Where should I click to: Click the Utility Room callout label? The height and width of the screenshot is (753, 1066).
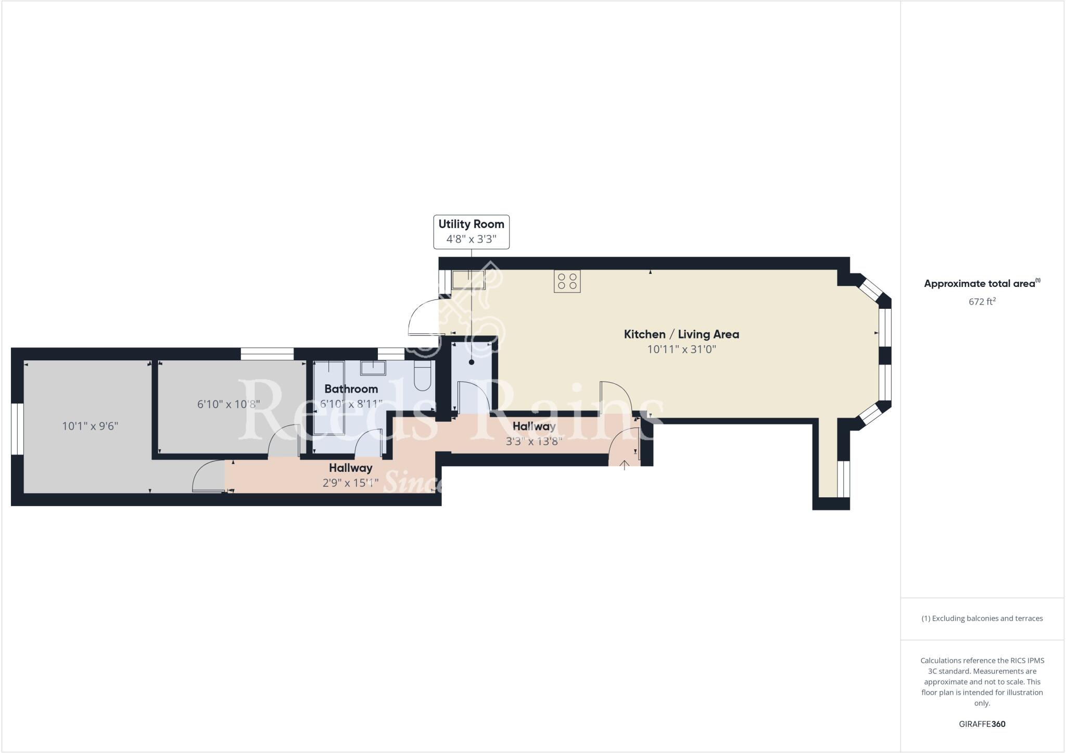tap(471, 232)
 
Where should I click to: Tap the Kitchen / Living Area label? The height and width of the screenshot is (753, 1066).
tap(681, 334)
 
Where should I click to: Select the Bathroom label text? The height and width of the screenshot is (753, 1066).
tap(351, 389)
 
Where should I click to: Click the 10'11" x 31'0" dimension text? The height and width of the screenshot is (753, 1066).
tap(681, 349)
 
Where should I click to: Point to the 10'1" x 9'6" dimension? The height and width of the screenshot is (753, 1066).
tap(90, 426)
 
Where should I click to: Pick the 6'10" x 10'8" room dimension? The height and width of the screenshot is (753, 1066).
tap(229, 404)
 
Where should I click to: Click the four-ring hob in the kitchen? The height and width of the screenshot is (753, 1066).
tap(567, 281)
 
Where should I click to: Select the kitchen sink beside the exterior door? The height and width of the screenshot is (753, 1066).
tap(468, 280)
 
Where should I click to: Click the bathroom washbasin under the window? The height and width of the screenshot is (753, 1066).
tap(373, 368)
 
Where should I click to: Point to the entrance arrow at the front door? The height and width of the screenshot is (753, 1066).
tap(624, 465)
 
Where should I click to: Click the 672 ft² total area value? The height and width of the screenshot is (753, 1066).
tap(982, 302)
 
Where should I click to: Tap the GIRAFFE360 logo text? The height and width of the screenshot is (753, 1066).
tap(982, 724)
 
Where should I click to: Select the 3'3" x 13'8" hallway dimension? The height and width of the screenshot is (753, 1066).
tap(534, 442)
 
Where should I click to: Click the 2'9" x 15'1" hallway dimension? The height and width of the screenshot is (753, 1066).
tap(350, 483)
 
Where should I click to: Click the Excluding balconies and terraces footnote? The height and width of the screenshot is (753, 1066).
tap(982, 619)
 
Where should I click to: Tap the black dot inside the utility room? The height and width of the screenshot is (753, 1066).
tap(472, 362)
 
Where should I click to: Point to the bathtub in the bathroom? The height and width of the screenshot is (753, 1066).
tap(328, 397)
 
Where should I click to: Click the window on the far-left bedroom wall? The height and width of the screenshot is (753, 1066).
tap(17, 429)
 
